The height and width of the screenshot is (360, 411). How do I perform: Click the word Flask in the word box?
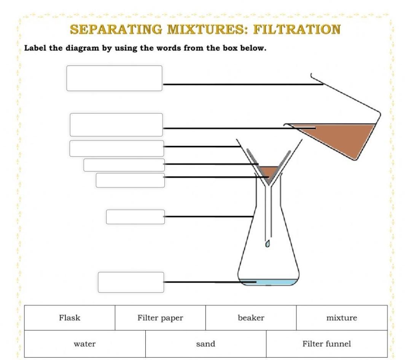click(x=70, y=318)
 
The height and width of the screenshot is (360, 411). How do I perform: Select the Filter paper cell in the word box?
click(x=160, y=318)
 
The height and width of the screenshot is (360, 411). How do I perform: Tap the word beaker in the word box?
click(x=251, y=318)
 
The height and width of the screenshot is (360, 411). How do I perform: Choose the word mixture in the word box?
click(x=342, y=318)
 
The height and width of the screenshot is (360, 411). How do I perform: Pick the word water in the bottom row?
click(x=84, y=344)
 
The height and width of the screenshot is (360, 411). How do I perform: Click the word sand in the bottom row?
click(x=205, y=344)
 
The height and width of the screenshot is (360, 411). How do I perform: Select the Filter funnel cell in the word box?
click(x=327, y=344)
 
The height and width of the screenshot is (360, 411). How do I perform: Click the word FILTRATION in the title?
click(x=297, y=29)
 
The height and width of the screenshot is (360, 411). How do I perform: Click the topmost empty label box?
click(x=114, y=78)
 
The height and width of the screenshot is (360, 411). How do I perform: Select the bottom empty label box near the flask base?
click(x=131, y=282)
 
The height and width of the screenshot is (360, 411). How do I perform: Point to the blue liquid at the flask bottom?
click(x=274, y=282)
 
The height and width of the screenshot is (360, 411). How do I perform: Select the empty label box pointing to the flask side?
click(x=135, y=217)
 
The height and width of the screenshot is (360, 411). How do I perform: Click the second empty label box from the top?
click(x=116, y=125)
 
